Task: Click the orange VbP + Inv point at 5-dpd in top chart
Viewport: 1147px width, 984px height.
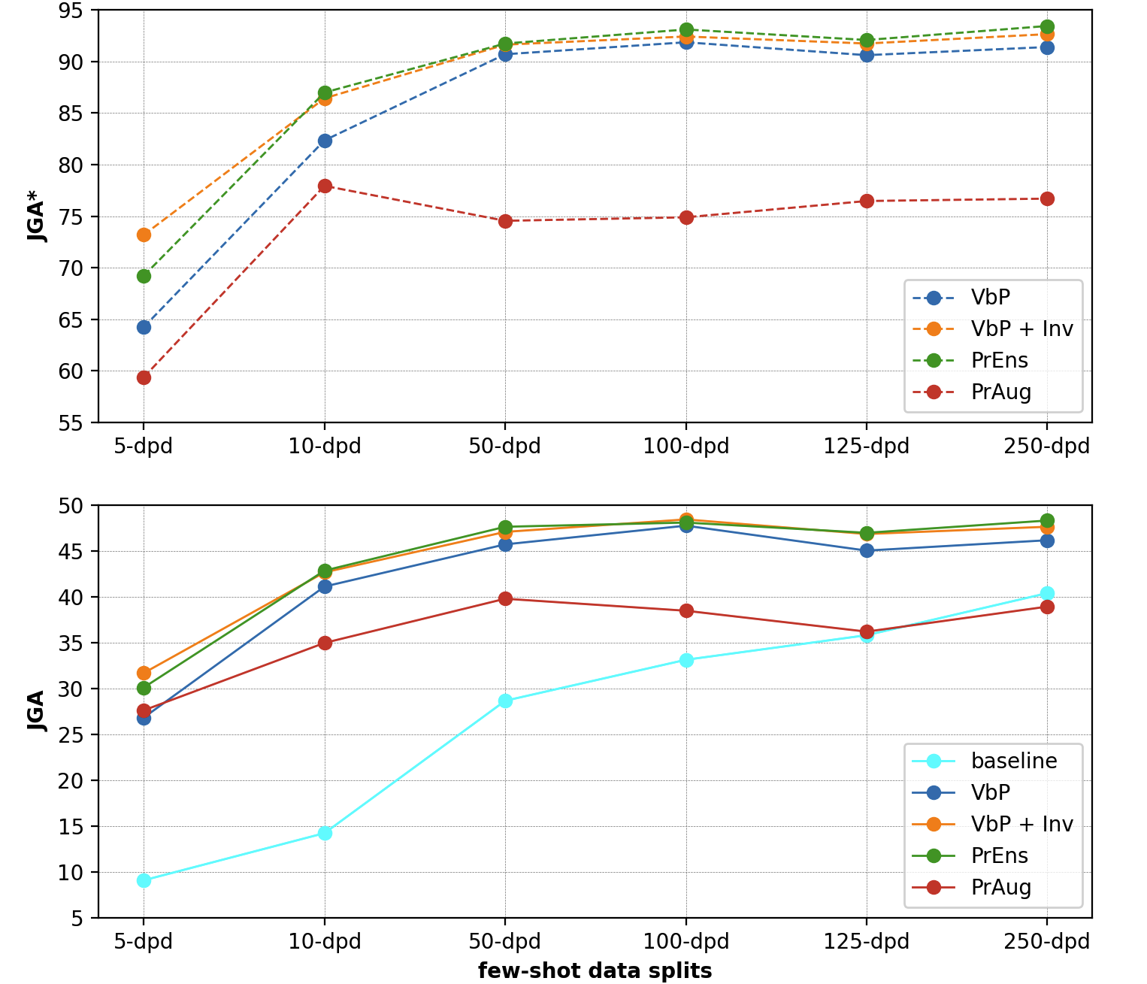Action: (144, 235)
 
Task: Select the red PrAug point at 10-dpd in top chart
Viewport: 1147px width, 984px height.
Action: (325, 186)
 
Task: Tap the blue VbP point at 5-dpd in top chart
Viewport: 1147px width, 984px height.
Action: (144, 327)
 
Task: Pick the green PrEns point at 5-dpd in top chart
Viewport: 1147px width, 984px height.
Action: (144, 276)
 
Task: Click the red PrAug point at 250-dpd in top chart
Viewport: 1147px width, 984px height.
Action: (1047, 198)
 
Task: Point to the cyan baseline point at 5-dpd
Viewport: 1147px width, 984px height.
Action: (144, 880)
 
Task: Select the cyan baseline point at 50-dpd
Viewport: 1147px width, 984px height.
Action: (505, 701)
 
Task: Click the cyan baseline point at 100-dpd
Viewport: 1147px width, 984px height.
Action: (686, 660)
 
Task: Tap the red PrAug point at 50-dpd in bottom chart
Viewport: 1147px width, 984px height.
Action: (505, 598)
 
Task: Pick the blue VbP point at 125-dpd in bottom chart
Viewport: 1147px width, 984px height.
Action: (867, 550)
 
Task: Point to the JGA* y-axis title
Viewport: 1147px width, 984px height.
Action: (36, 216)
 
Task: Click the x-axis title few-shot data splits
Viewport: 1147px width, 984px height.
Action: (595, 970)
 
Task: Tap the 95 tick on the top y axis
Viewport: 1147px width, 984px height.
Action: (74, 11)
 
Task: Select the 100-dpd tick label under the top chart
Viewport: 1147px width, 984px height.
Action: (686, 447)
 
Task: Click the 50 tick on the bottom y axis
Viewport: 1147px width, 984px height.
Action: (74, 506)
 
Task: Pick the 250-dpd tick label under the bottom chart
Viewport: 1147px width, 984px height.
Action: (1047, 942)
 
